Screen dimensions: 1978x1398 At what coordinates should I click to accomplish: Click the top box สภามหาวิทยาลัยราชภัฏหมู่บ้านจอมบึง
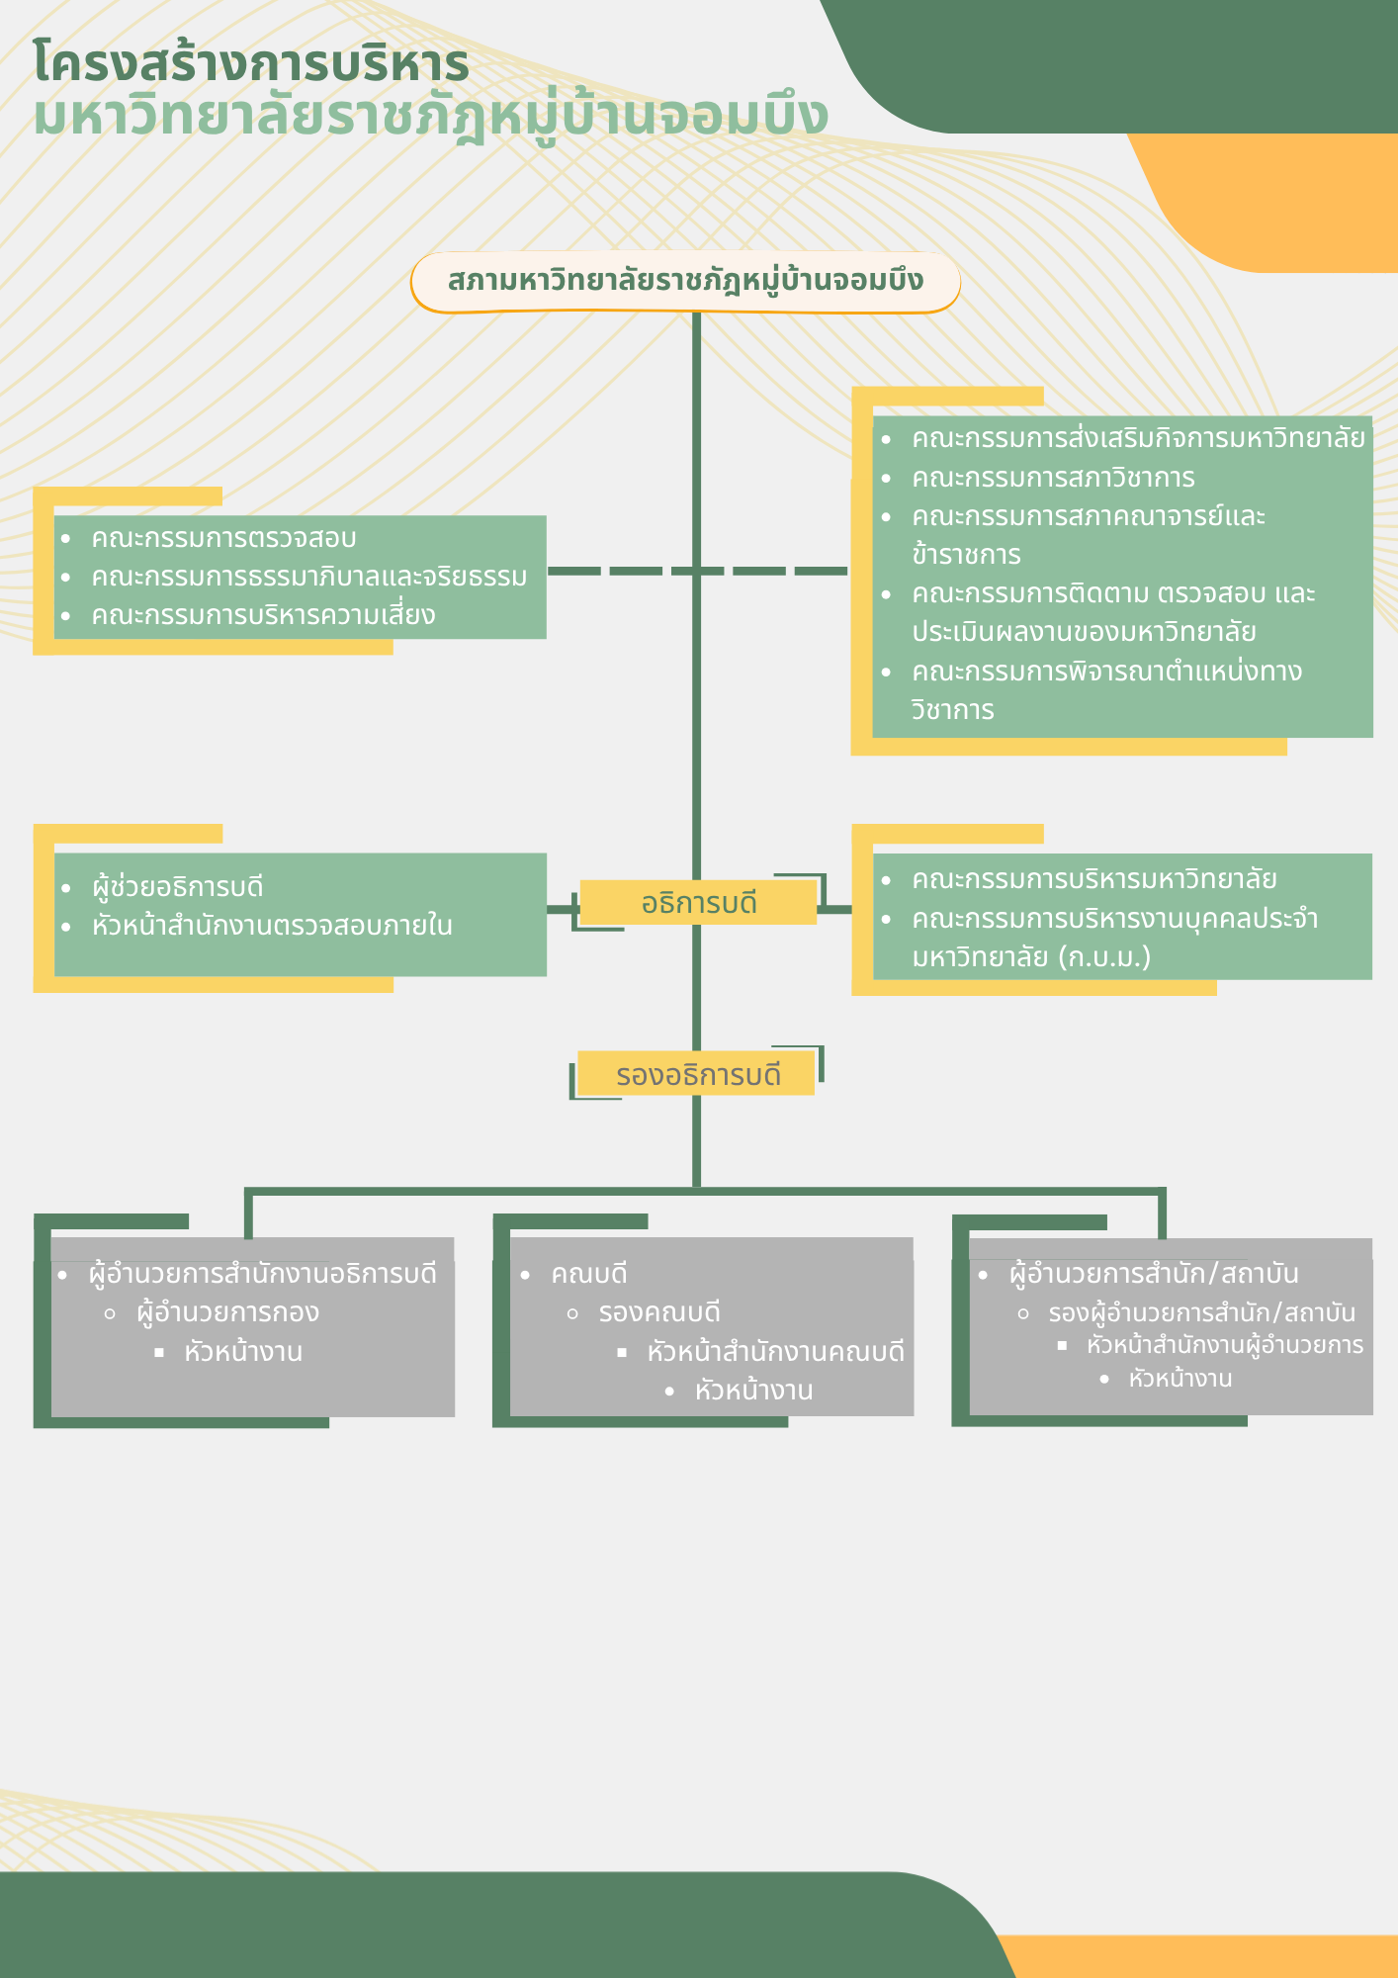[x=685, y=281]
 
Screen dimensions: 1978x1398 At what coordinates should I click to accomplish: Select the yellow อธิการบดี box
[x=698, y=903]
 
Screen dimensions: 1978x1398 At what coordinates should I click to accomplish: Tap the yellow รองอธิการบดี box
[x=697, y=1074]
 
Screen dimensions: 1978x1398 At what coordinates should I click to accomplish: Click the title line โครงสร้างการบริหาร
[x=251, y=63]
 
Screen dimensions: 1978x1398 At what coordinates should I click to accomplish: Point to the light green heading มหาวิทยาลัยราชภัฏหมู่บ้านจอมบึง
[x=430, y=117]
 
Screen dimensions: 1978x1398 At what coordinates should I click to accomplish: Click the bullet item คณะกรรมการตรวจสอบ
[x=223, y=538]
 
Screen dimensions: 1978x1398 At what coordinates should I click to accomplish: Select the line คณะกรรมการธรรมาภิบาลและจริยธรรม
[x=308, y=577]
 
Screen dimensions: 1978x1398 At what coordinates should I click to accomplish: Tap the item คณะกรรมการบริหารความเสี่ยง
[x=263, y=615]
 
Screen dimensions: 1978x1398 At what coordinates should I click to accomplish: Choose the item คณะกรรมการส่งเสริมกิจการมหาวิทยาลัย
[x=1137, y=438]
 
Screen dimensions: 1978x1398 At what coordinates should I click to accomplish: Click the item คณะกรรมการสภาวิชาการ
[x=1053, y=478]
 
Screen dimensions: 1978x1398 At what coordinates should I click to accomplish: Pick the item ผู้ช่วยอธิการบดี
[x=178, y=887]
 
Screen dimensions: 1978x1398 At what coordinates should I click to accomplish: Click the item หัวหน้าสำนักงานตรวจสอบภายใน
[x=272, y=926]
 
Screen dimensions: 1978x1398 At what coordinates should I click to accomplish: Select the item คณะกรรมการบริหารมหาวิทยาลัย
[x=1093, y=879]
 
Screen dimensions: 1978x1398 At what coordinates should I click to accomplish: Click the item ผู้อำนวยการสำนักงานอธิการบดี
[x=262, y=1274]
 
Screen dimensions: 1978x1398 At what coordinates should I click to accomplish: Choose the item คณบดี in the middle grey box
[x=589, y=1274]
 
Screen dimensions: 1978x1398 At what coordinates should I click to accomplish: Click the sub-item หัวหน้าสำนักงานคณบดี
[x=775, y=1352]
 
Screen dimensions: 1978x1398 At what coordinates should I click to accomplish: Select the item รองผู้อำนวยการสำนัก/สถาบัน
[x=1201, y=1313]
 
